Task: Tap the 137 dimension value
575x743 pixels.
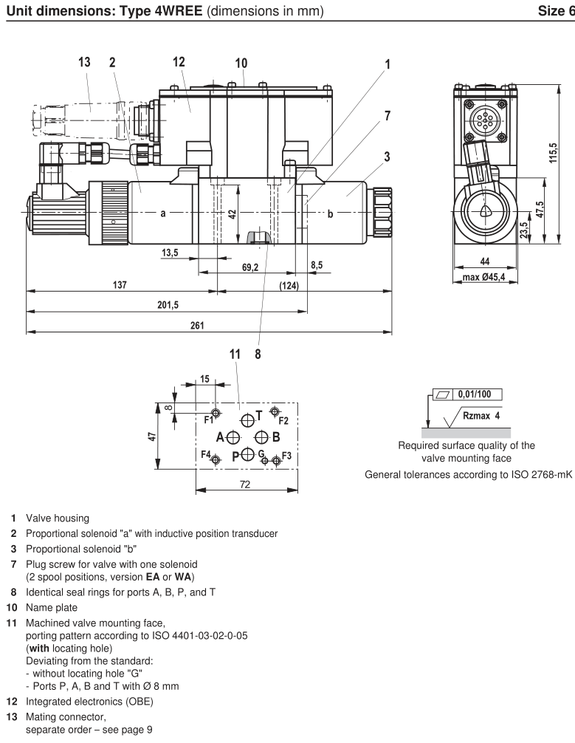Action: click(x=120, y=284)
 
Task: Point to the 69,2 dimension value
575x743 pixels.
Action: click(x=250, y=268)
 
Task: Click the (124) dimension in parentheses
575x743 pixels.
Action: click(x=289, y=284)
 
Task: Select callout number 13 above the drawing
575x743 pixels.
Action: click(x=85, y=62)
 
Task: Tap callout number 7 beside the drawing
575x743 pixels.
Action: click(x=388, y=116)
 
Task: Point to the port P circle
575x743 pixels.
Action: click(x=248, y=454)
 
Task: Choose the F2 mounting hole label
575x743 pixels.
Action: click(x=283, y=420)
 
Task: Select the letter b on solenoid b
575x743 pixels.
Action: click(x=330, y=213)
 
